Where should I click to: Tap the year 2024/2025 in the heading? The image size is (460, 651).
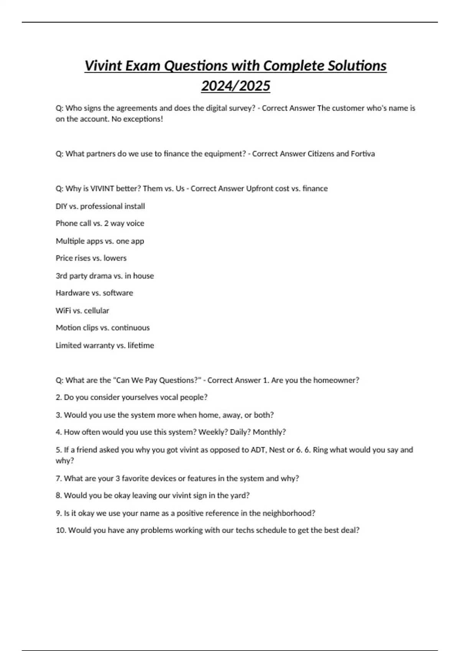pyautogui.click(x=235, y=86)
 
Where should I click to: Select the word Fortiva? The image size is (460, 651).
pyautogui.click(x=363, y=154)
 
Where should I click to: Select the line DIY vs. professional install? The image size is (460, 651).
pyautogui.click(x=100, y=206)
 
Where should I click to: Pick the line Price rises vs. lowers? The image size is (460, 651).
pyautogui.click(x=91, y=258)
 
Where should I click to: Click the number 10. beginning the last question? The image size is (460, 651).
pyautogui.click(x=61, y=530)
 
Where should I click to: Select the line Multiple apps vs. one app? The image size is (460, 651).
pyautogui.click(x=100, y=241)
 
